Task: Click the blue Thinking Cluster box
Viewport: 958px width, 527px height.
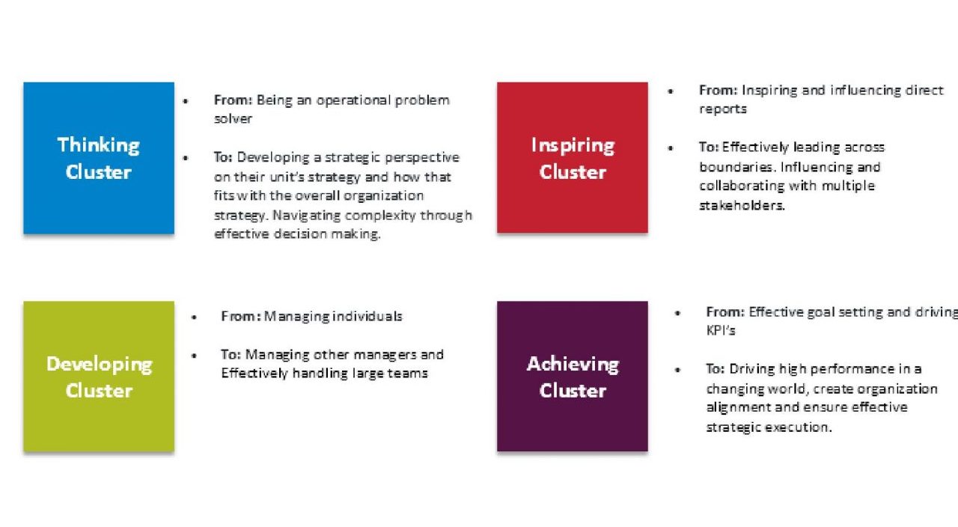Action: tap(99, 158)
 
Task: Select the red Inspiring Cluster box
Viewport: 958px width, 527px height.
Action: tap(573, 157)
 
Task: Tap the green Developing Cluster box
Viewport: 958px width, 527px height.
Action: tap(99, 376)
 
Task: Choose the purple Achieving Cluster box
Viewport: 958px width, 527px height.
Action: tap(573, 376)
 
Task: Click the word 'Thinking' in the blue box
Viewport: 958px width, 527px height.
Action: tap(99, 145)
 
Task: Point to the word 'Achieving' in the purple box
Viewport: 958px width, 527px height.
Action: tap(573, 365)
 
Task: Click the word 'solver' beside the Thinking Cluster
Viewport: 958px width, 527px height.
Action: tap(233, 118)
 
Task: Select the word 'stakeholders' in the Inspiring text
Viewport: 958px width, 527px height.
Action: tap(741, 205)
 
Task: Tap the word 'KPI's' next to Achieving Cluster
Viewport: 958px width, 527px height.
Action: tap(721, 330)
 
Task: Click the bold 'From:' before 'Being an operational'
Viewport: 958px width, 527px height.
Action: tap(233, 100)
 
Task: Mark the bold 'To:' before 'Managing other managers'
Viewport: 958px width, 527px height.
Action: tap(231, 354)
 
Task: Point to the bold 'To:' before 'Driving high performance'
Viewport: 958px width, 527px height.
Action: tap(716, 369)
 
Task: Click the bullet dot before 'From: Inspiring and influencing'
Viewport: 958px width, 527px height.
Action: tap(671, 91)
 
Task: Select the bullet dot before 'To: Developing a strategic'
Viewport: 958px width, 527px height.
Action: tap(186, 158)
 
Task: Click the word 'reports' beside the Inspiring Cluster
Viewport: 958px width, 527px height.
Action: tap(723, 109)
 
